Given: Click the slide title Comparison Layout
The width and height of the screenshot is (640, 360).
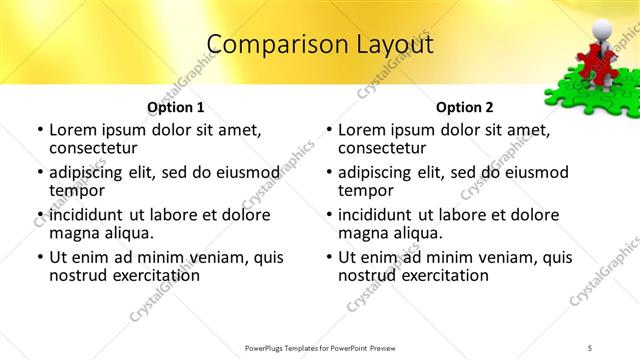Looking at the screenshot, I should (320, 44).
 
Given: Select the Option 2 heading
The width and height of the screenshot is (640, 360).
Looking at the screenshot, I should (465, 107).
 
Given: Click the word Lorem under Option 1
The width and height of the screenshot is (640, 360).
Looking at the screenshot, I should (74, 130).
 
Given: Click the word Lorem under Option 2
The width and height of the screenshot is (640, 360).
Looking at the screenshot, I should (363, 130).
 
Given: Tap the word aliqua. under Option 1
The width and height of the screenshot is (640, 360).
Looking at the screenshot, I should (127, 233).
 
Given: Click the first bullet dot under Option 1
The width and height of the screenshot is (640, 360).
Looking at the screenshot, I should (39, 131).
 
